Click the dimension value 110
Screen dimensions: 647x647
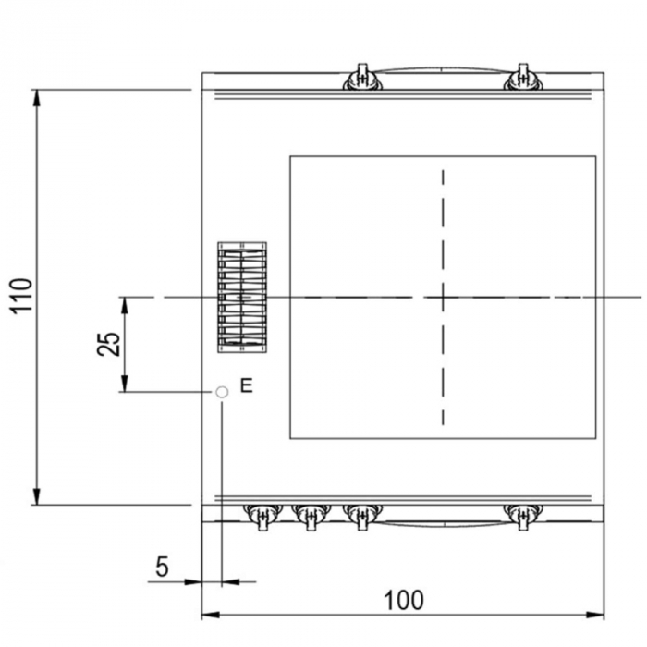(21, 297)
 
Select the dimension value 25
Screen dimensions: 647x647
(108, 344)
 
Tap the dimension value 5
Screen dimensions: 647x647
(162, 567)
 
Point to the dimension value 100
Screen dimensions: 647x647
(404, 601)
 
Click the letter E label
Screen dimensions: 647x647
(247, 385)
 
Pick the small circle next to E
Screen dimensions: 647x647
(222, 392)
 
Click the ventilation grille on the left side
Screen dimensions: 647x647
(242, 298)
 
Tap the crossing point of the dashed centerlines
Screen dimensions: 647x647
(443, 297)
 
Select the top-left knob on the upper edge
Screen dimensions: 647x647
(362, 78)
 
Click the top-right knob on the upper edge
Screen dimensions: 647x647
(523, 78)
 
